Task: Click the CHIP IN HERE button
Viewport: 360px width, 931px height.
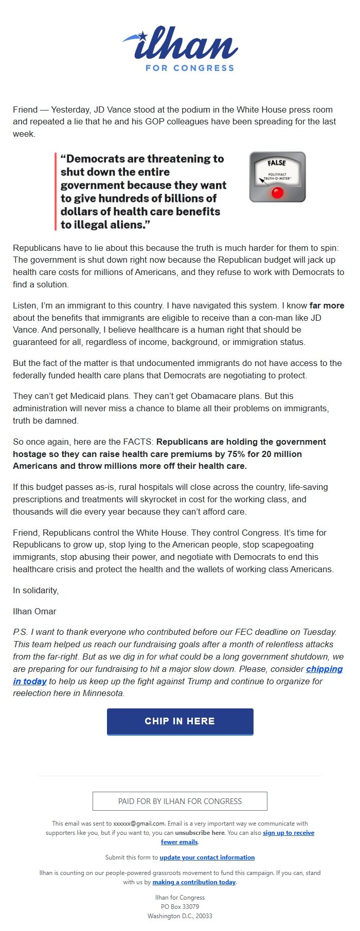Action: click(x=180, y=721)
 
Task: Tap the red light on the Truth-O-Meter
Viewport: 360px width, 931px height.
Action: click(x=278, y=193)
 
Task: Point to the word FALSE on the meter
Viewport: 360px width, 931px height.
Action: click(x=277, y=163)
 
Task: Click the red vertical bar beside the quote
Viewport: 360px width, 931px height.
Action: click(x=56, y=191)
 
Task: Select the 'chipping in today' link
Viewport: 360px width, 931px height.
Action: click(x=324, y=669)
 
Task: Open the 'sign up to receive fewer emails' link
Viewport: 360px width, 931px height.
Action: click(x=288, y=833)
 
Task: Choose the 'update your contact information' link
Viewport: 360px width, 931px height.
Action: click(x=207, y=857)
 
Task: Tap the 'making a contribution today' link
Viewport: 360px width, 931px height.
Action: click(x=194, y=882)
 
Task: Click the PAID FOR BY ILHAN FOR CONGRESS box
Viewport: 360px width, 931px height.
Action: click(x=180, y=801)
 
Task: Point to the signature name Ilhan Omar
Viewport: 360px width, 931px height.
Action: click(x=34, y=611)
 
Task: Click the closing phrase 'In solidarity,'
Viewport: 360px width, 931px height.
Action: click(x=35, y=590)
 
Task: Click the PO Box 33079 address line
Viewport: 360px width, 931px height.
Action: click(x=180, y=907)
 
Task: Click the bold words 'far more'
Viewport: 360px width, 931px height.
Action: click(x=327, y=305)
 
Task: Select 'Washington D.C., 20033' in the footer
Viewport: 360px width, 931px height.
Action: click(x=180, y=916)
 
